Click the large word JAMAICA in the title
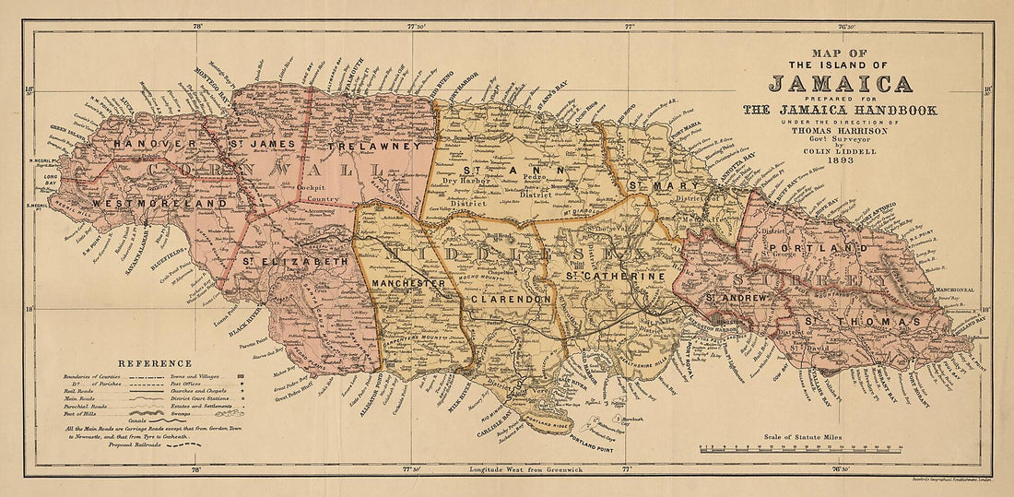pyautogui.click(x=840, y=85)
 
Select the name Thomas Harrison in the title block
pyautogui.click(x=840, y=131)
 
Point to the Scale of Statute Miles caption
pyautogui.click(x=805, y=434)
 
